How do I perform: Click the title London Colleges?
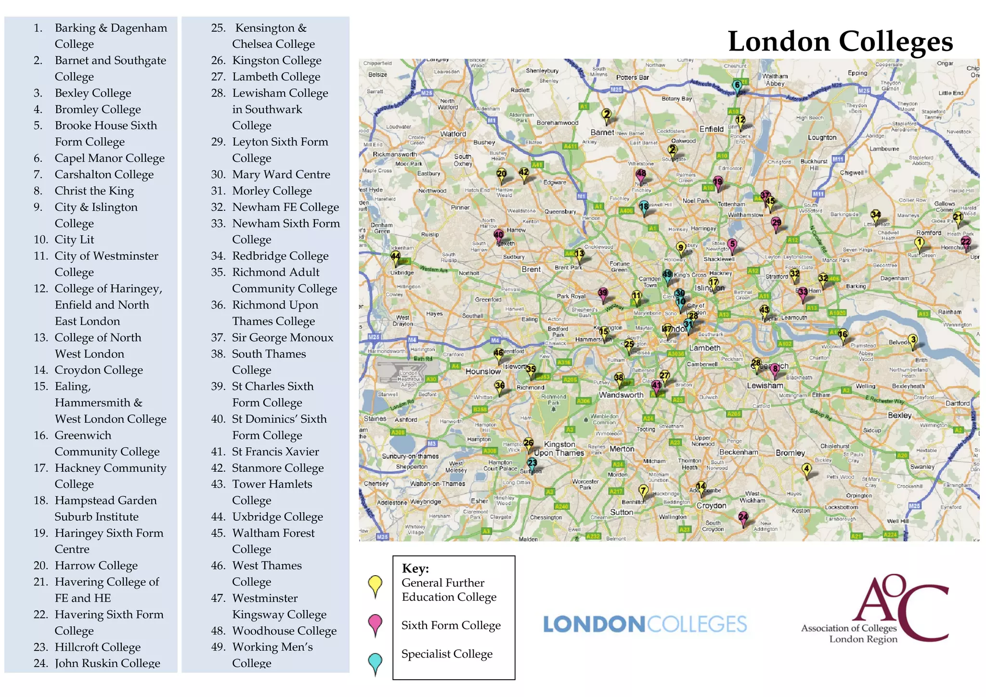pos(840,41)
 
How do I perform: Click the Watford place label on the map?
pos(453,134)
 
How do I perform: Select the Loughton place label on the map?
pos(822,138)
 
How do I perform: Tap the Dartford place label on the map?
pos(957,403)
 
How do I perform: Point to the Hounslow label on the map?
pos(483,372)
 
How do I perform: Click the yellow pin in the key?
pos(375,585)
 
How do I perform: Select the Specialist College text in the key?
pos(447,654)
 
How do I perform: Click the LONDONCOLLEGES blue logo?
pos(645,624)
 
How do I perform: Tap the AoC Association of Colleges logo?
pos(874,609)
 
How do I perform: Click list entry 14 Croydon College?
pos(98,370)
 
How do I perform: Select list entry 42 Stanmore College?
pos(277,468)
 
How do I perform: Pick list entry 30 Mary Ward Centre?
pos(281,175)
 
